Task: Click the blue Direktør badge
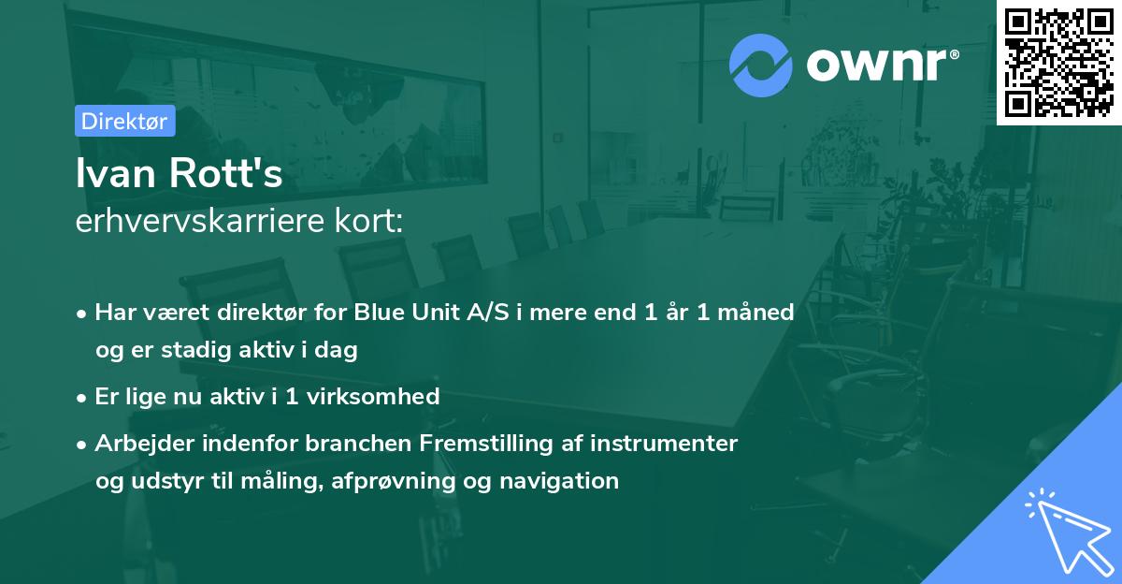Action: (x=125, y=121)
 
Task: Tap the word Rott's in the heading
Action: (x=226, y=173)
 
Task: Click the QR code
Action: (x=1058, y=63)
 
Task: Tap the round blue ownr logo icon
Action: (x=761, y=66)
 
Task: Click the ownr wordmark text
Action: (x=882, y=65)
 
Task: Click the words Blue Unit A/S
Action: (x=431, y=312)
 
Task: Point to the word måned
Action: (x=755, y=312)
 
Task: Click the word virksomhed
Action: (x=373, y=396)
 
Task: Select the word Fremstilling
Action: (x=486, y=444)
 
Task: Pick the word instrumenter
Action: (x=664, y=443)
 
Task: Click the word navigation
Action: (x=559, y=481)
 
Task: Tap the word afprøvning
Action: (x=393, y=481)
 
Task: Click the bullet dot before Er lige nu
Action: (x=81, y=399)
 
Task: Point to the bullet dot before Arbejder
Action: (x=81, y=445)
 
